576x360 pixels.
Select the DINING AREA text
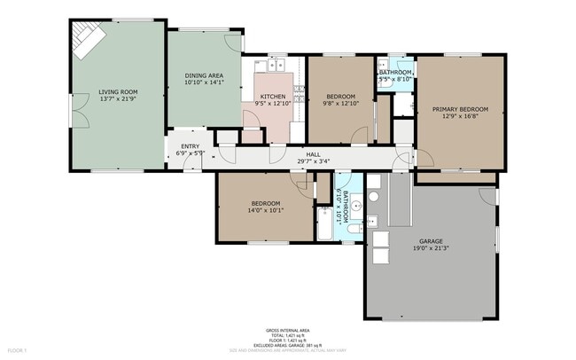click(204, 75)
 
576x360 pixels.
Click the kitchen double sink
click(274, 64)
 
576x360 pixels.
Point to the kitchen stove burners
click(300, 92)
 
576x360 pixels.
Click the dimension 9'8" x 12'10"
click(340, 104)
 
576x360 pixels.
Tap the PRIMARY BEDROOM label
click(460, 109)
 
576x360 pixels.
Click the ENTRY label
click(191, 146)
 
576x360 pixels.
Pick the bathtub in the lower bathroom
click(324, 223)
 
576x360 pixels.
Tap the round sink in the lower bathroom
click(355, 206)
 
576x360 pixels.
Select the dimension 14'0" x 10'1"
click(265, 211)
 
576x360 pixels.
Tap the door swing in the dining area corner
click(232, 40)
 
